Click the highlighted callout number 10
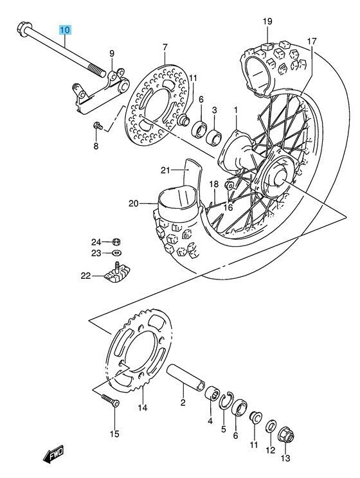click(x=67, y=30)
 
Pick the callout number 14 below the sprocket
click(x=142, y=407)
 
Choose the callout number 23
click(x=95, y=254)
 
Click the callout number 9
click(x=111, y=53)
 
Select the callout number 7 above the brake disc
click(x=165, y=48)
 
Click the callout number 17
click(x=311, y=41)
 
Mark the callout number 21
click(x=165, y=170)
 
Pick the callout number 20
click(x=133, y=204)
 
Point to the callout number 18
click(x=214, y=184)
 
